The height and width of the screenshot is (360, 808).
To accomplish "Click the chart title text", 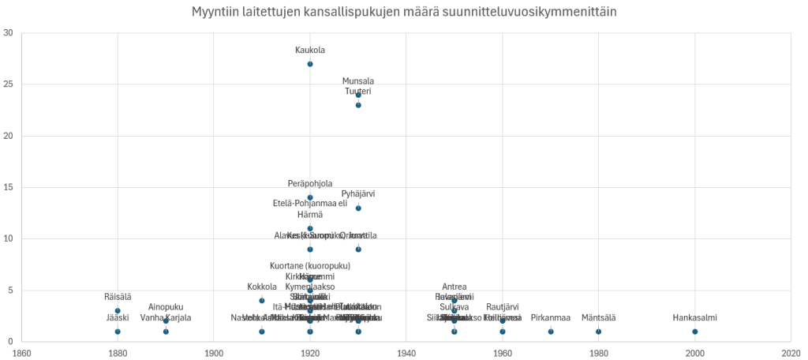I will click(x=404, y=13).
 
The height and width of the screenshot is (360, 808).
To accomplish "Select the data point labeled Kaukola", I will click(x=310, y=64).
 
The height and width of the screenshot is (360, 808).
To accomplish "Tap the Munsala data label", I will click(x=358, y=81).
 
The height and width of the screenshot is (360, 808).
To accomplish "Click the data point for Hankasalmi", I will click(x=694, y=332).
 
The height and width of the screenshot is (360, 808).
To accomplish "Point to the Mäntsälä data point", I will click(x=598, y=332).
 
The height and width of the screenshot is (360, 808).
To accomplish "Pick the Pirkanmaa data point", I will click(x=551, y=332).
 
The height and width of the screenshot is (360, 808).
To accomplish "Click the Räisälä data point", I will click(x=118, y=310).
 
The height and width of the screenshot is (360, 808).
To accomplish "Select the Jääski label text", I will click(x=118, y=318).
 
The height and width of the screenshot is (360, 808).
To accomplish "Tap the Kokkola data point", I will click(x=262, y=300).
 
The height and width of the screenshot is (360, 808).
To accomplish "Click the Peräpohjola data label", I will click(x=310, y=183).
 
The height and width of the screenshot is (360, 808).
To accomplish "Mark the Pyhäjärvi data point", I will click(x=358, y=208).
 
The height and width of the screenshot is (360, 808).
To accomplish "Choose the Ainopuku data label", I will click(x=166, y=307).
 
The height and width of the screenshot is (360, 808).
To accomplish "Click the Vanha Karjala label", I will click(x=166, y=318).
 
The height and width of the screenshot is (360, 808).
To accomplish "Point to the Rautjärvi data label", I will click(x=503, y=307).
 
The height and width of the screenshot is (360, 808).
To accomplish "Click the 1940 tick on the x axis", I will click(x=406, y=353).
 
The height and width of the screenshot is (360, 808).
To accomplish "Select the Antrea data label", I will click(x=454, y=287).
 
